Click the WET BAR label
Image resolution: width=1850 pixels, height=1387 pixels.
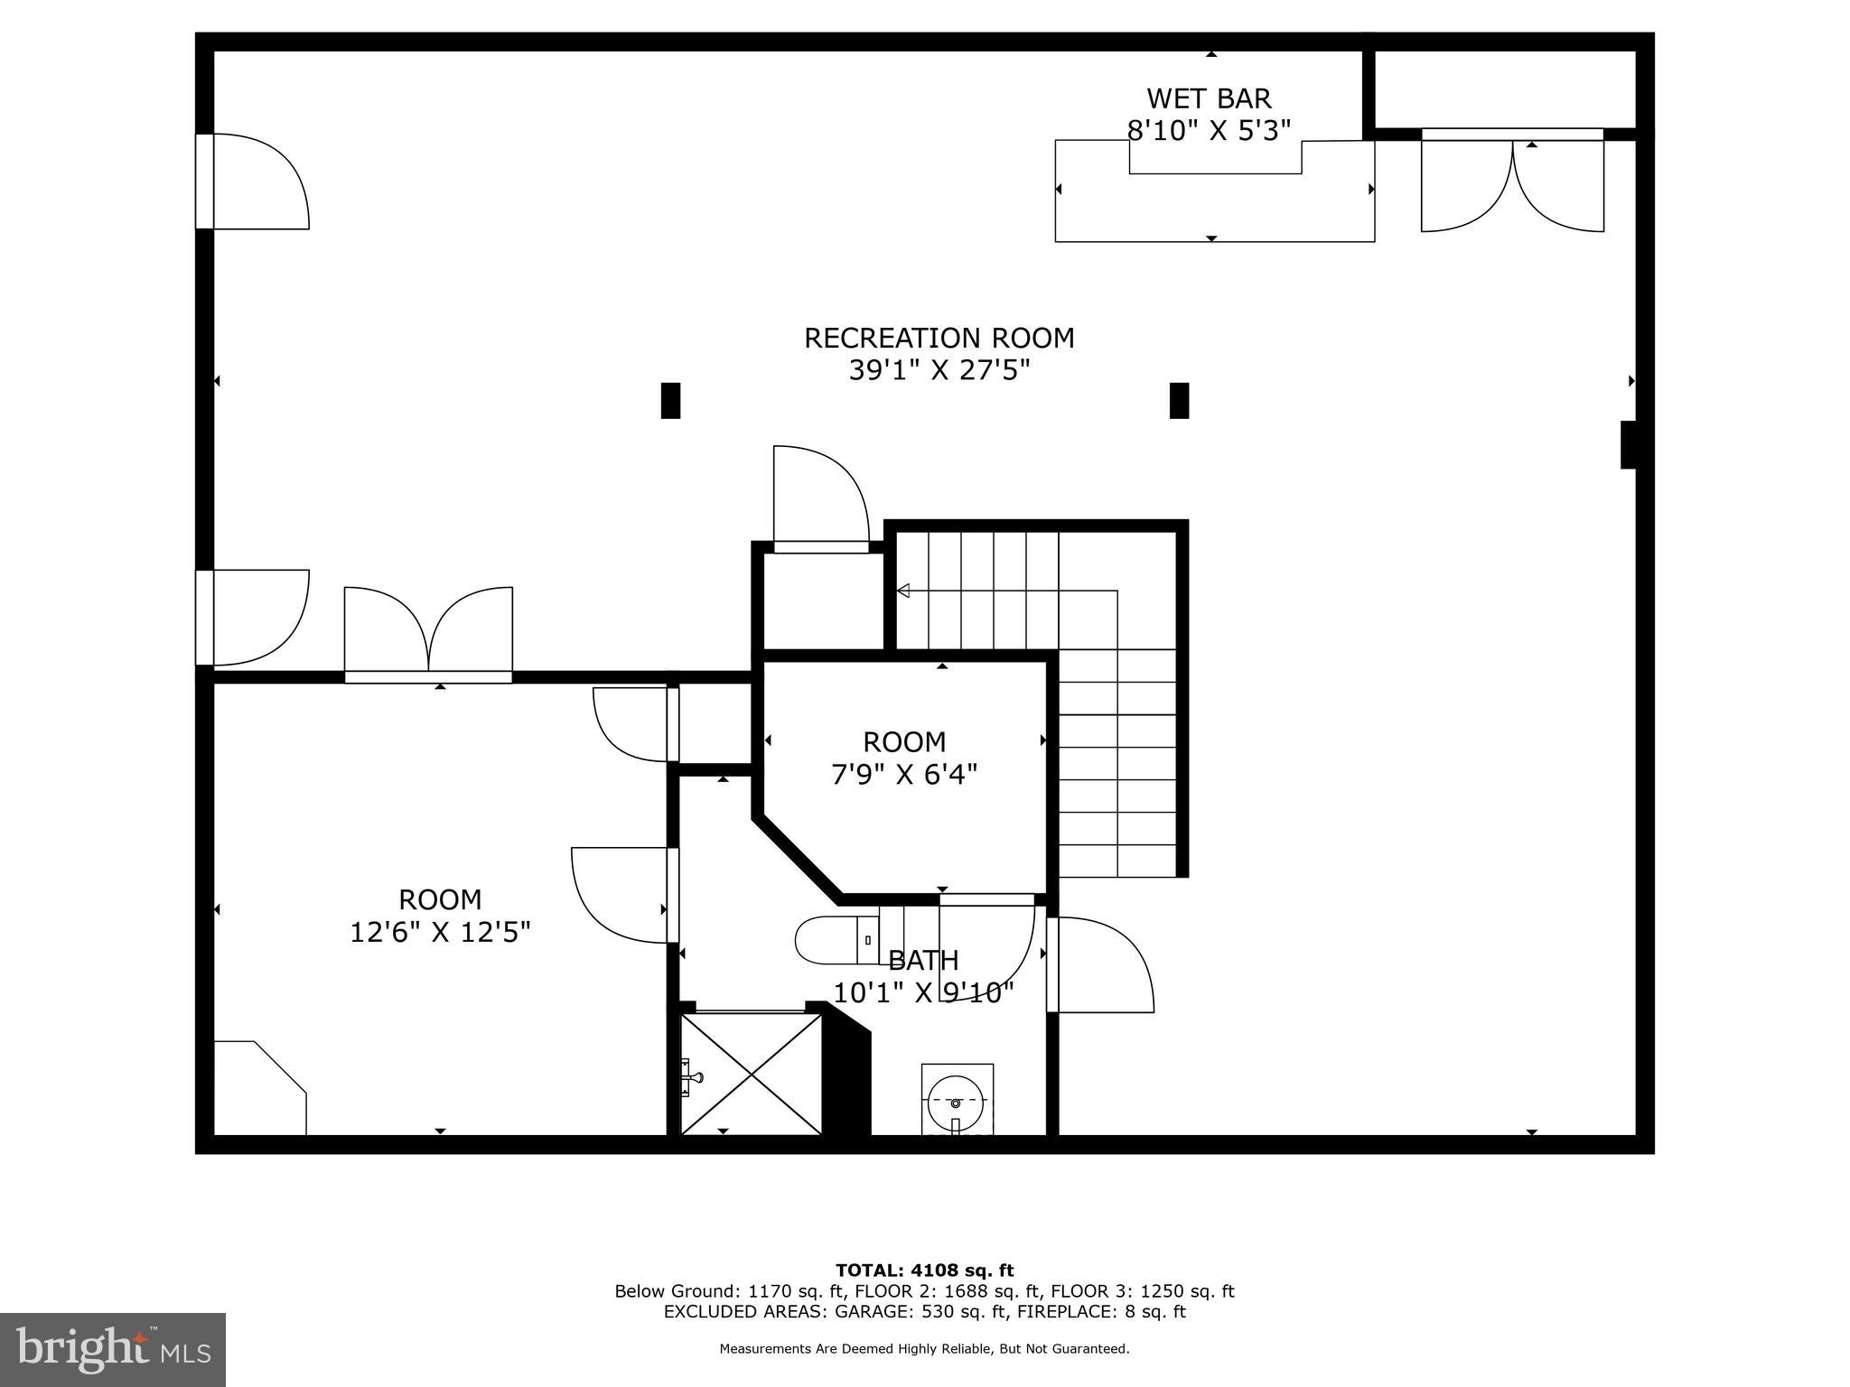click(1209, 98)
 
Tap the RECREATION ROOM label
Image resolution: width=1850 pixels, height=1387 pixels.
click(939, 338)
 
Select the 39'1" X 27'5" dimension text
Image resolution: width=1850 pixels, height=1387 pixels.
click(939, 370)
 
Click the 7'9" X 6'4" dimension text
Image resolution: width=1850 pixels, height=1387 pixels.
click(904, 775)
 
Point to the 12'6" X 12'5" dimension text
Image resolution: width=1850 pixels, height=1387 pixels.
click(440, 932)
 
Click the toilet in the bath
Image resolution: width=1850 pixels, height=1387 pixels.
click(836, 940)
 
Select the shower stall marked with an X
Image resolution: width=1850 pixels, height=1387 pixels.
click(752, 1074)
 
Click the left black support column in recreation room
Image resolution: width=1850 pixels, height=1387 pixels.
click(670, 400)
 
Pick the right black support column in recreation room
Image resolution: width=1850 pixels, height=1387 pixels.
click(1179, 400)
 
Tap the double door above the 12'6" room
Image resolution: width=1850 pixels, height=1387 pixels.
click(428, 632)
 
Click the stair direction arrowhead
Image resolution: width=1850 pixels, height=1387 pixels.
click(902, 591)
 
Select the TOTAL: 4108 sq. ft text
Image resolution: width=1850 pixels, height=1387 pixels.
click(924, 1271)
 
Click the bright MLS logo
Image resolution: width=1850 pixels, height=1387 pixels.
click(112, 1349)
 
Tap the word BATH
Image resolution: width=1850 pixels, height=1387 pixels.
click(923, 960)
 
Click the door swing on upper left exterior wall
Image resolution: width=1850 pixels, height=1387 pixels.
click(257, 181)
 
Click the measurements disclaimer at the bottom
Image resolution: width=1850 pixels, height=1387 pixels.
click(924, 1349)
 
